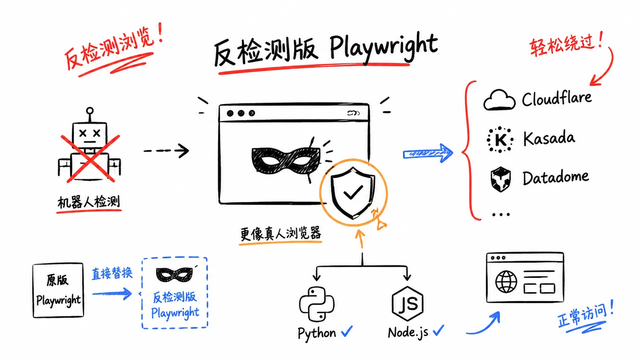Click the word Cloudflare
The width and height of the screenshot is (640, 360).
click(556, 98)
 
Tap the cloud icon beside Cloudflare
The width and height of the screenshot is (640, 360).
click(499, 99)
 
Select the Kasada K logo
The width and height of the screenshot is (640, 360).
click(500, 139)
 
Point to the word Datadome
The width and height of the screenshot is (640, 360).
click(555, 177)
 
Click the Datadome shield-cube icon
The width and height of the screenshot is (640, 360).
click(500, 179)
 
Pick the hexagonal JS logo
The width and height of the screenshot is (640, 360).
click(407, 303)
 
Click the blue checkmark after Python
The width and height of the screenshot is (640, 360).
click(347, 331)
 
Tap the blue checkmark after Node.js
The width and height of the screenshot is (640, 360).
click(438, 330)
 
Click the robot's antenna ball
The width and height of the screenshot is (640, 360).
click(89, 110)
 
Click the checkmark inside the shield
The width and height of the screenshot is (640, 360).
click(353, 192)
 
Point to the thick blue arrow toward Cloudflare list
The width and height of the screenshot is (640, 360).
click(427, 153)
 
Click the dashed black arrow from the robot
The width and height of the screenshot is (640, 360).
click(166, 150)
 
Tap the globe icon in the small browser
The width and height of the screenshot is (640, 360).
click(506, 281)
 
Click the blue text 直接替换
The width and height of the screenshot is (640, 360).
click(112, 273)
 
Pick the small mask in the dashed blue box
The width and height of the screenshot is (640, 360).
click(174, 275)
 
